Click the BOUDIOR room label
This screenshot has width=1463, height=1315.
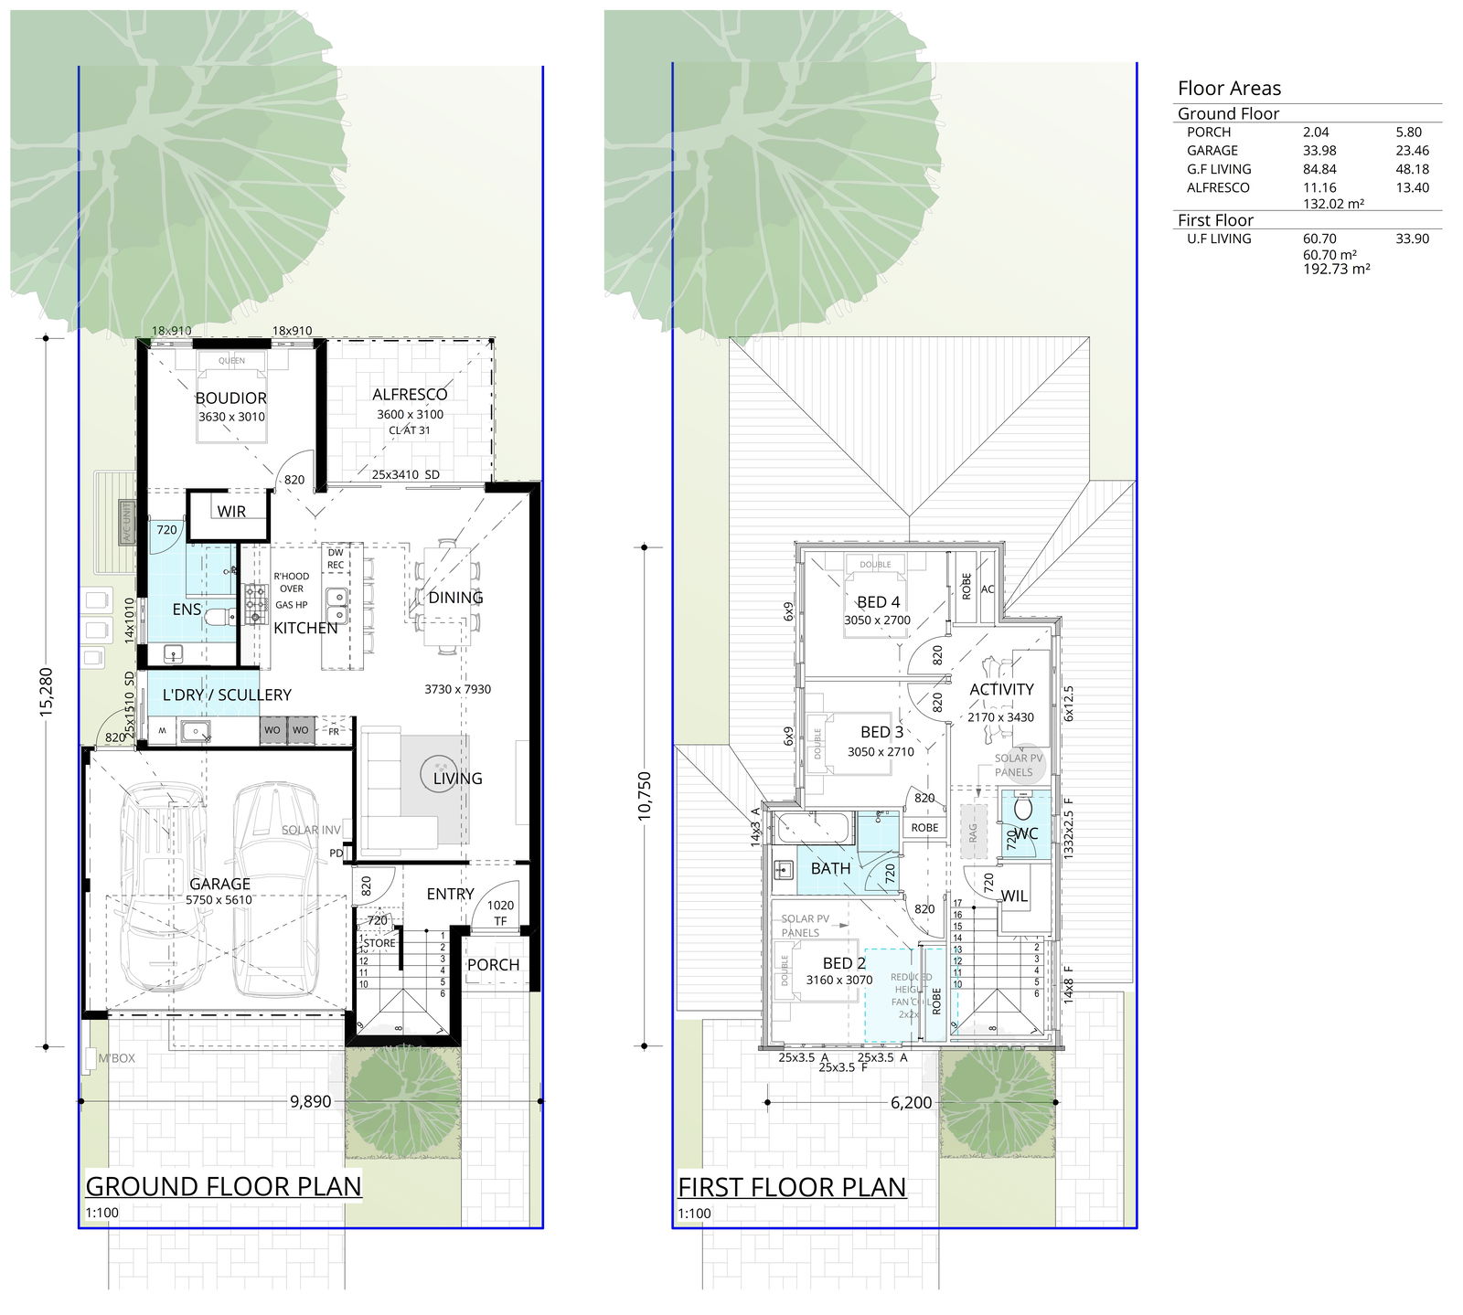tap(231, 398)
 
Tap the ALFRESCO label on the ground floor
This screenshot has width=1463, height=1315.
tap(410, 395)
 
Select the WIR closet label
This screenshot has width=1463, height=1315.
tap(231, 512)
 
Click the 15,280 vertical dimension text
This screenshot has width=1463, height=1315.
tap(48, 693)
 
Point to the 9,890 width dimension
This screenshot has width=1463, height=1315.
tap(310, 1101)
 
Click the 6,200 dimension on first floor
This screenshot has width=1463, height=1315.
tap(911, 1103)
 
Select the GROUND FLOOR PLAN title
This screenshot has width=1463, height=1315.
tap(223, 1186)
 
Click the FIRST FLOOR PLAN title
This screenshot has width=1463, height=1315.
tap(791, 1187)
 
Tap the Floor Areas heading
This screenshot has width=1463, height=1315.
tap(1229, 89)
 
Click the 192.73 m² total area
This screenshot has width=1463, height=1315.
tap(1336, 270)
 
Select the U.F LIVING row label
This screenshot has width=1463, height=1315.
tap(1219, 239)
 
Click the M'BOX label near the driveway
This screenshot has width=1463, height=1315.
tap(117, 1058)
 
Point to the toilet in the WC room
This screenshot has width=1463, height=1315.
tap(1023, 811)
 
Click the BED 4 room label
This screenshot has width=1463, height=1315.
tap(878, 602)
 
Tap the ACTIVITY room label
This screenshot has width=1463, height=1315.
tap(1001, 690)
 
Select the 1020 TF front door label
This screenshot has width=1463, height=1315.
tap(500, 913)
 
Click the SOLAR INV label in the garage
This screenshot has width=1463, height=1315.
tap(311, 830)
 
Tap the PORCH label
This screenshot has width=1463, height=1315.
tap(493, 965)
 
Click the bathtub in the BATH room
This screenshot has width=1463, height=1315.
tap(814, 830)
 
